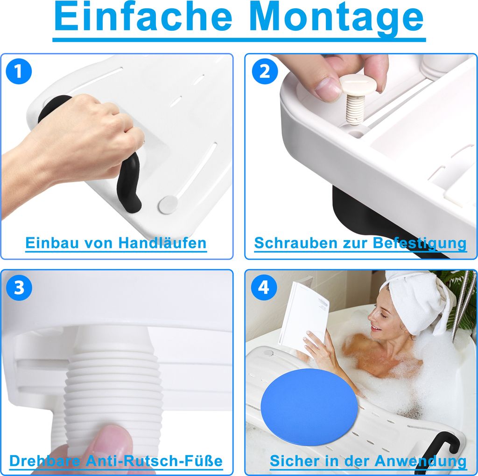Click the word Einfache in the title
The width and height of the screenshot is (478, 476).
143,18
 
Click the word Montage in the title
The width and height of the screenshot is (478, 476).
336,18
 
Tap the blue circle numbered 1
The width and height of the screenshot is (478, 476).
19,72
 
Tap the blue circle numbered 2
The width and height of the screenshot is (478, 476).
264,72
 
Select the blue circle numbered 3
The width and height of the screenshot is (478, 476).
19,288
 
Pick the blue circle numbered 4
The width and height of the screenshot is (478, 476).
264,288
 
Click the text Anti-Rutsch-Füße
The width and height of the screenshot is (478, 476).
155,461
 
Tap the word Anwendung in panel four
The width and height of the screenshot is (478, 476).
422,461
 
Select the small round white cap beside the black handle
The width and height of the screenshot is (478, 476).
168,203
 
